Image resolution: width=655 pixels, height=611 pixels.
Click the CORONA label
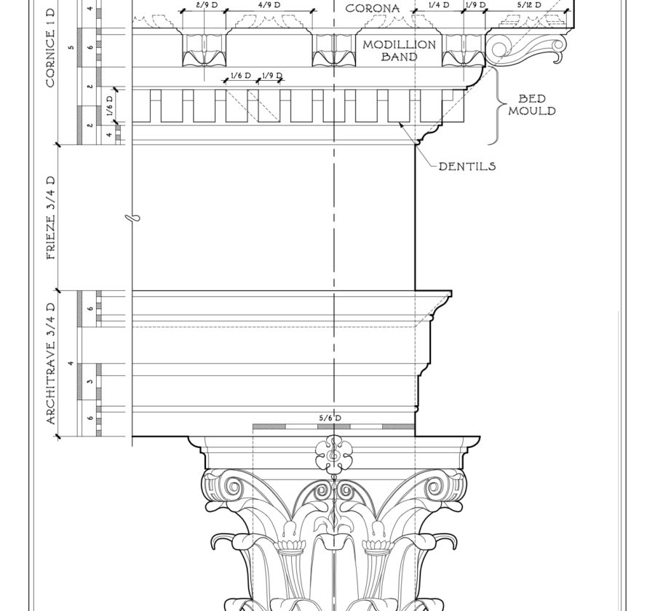[373, 8]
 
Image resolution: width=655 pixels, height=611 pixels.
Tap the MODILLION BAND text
[399, 50]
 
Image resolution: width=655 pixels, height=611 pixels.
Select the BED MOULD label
[532, 105]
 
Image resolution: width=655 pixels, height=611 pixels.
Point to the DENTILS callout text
[467, 167]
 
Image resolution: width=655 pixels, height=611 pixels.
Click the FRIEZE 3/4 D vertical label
[51, 217]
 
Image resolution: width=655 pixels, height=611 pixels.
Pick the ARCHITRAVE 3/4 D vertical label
[51, 364]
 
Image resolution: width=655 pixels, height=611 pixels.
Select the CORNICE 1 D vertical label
[51, 47]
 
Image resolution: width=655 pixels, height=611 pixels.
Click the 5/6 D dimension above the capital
[330, 418]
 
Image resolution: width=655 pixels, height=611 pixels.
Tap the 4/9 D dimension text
[269, 5]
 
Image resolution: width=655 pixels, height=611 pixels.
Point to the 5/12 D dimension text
[529, 5]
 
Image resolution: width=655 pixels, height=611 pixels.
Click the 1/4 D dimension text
[439, 5]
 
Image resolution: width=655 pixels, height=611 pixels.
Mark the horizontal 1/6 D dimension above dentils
[241, 76]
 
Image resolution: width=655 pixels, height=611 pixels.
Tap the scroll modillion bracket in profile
[527, 48]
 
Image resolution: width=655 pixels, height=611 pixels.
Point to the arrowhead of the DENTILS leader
[402, 124]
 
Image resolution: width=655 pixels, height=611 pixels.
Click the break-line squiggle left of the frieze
[132, 217]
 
